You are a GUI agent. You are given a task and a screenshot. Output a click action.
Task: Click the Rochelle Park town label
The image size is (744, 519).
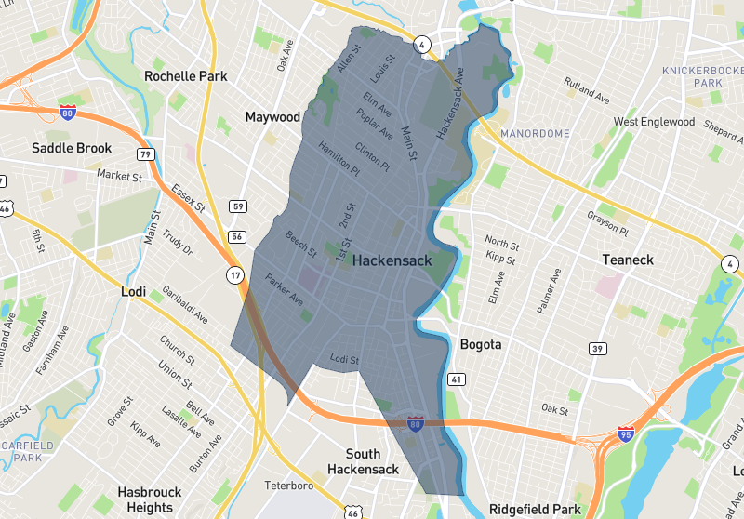click(186, 75)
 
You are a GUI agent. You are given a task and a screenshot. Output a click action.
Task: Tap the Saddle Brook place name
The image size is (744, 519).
click(72, 148)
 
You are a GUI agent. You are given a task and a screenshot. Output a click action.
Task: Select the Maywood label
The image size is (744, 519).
click(272, 117)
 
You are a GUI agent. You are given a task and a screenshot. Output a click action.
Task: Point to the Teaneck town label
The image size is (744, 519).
click(628, 259)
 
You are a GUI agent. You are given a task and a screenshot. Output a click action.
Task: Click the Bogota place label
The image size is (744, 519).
click(481, 344)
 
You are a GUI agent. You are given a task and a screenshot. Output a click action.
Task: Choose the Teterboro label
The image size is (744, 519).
click(289, 486)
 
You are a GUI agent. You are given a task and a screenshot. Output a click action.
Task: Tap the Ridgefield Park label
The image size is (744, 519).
click(535, 510)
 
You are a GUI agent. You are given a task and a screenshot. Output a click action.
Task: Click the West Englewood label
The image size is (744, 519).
click(654, 122)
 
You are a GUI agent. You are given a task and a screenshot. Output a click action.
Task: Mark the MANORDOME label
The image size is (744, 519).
click(535, 134)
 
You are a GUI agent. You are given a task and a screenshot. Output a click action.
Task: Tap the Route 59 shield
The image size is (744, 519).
click(238, 206)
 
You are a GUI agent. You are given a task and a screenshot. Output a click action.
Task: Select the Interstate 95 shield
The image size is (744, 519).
click(626, 434)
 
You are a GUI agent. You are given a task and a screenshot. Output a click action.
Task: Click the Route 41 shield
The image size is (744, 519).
click(456, 379)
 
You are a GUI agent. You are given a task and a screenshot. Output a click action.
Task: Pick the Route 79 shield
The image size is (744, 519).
click(145, 153)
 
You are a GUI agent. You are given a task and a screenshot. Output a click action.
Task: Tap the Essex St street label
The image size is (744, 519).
click(187, 198)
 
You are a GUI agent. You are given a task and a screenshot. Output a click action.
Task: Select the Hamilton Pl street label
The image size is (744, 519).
click(339, 159)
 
